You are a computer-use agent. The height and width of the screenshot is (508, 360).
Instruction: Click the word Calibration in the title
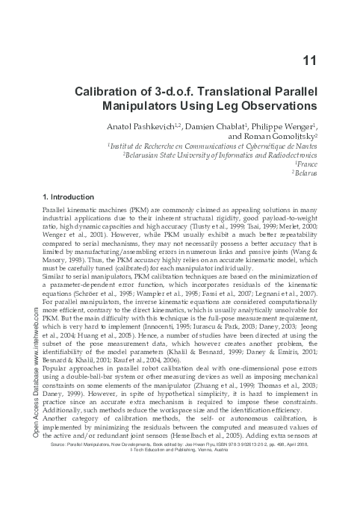pyautogui.click(x=110, y=94)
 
